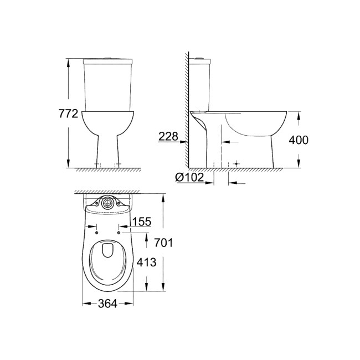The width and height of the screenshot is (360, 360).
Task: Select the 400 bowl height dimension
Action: click(298, 140)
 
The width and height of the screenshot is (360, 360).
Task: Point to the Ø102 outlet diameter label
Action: click(189, 177)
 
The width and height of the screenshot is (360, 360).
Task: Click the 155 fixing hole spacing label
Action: click(142, 222)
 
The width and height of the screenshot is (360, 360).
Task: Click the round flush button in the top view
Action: click(109, 204)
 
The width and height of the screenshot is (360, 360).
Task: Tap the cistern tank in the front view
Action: click(109, 83)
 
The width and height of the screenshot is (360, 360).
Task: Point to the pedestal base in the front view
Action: click(109, 150)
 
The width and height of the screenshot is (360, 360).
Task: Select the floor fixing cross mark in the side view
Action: click(236, 164)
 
